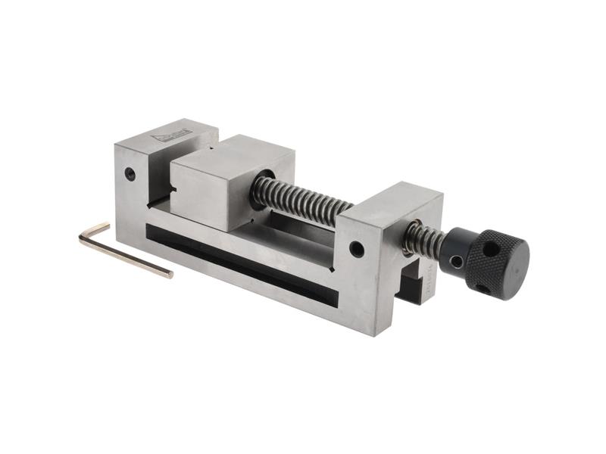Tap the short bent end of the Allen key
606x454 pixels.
tap(95, 230)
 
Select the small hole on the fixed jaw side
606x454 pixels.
tap(130, 173)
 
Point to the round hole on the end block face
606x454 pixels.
tap(356, 248)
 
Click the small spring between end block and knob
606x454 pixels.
tap(420, 238)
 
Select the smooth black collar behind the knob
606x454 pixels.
tap(454, 250)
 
